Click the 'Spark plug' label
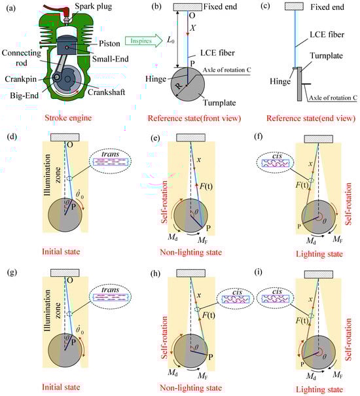click(93, 6)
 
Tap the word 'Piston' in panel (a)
click(109, 43)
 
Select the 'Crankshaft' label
click(106, 92)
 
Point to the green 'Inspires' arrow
click(144, 41)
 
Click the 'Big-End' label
click(24, 96)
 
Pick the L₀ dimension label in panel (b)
click(171, 40)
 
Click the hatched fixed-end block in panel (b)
click(187, 7)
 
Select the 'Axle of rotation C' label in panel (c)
click(333, 98)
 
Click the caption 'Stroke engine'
click(68, 118)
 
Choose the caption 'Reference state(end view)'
click(311, 118)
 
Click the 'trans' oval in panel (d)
click(111, 161)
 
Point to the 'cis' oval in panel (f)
click(276, 162)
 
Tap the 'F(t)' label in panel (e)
click(206, 187)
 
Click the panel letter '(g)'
click(12, 272)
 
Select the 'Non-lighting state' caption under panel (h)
click(191, 387)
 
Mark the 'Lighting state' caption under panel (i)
click(319, 389)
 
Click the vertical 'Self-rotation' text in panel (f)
click(348, 204)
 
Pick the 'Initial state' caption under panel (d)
click(61, 251)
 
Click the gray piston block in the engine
click(67, 46)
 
